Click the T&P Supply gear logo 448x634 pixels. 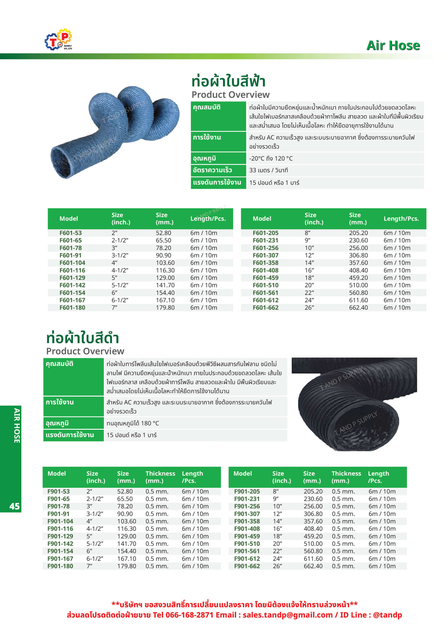click(x=58, y=39)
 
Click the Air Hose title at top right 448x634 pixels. click(x=393, y=46)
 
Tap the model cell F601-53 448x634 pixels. click(x=71, y=233)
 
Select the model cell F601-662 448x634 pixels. click(x=265, y=308)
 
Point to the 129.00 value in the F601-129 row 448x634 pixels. click(x=165, y=278)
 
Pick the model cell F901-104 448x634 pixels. click(x=60, y=521)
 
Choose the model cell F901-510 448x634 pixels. click(x=247, y=544)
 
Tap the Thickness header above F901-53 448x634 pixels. click(x=160, y=477)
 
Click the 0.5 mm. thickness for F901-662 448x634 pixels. click(x=343, y=566)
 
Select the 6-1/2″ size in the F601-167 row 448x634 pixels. click(x=120, y=300)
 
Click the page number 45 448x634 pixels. click(x=14, y=506)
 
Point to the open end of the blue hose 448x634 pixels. click(x=61, y=163)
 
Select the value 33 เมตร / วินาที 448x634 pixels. click(x=268, y=170)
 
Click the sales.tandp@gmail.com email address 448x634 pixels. click(x=287, y=615)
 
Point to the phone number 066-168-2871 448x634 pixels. click(x=189, y=615)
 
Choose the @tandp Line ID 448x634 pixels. click(x=387, y=615)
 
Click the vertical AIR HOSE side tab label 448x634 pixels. click(x=17, y=425)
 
